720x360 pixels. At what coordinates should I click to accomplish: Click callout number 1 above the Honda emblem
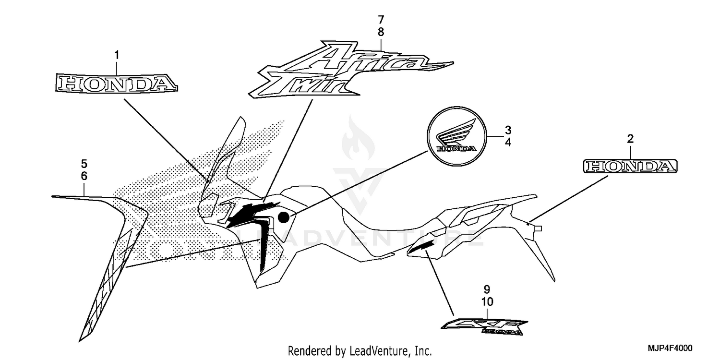(x=116, y=56)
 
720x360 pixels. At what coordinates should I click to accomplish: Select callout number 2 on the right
(x=630, y=139)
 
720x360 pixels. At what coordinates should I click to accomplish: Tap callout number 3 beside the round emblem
(x=508, y=130)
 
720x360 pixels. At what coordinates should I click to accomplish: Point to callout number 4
(x=508, y=143)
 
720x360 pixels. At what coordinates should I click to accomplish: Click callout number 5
(x=84, y=163)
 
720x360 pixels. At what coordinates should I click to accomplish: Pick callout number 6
(x=84, y=176)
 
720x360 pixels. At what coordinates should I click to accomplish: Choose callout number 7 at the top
(x=381, y=20)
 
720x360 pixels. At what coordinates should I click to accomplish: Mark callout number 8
(x=381, y=33)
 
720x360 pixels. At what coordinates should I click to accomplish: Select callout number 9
(x=487, y=289)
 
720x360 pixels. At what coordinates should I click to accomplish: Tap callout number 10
(x=487, y=302)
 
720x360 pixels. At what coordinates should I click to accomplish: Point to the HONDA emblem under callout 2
(x=630, y=167)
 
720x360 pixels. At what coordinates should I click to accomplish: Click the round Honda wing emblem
(x=456, y=137)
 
